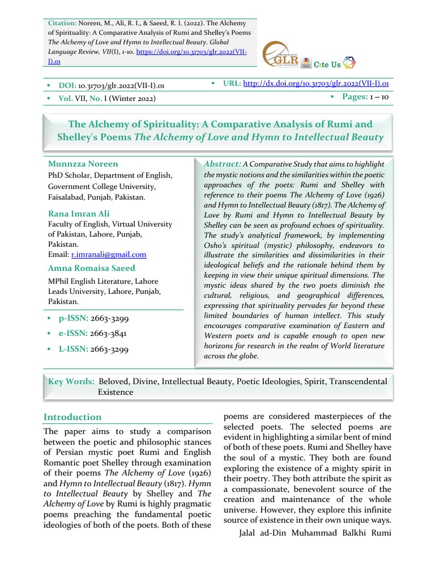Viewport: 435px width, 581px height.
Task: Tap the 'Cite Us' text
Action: point(327,65)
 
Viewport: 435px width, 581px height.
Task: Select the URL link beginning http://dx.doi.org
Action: point(315,83)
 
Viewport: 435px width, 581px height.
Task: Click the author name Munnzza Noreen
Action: point(83,164)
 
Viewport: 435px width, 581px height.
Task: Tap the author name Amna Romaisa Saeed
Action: point(92,268)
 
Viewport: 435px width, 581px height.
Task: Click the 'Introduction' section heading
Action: point(72,416)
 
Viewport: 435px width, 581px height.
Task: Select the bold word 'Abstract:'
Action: point(222,163)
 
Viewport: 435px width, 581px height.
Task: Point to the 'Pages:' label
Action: point(355,97)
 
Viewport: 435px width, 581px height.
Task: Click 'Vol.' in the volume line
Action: point(66,98)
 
